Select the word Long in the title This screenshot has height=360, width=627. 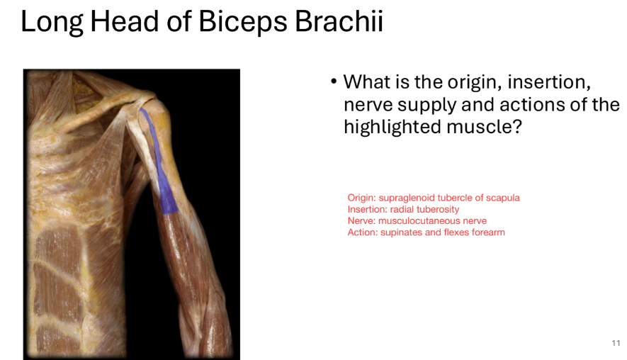50,22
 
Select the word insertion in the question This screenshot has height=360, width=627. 552,82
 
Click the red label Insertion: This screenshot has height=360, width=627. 367,209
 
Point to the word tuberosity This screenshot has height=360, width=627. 436,209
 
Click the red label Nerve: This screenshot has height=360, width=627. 361,220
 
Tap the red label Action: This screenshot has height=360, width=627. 362,232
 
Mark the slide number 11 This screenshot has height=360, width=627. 616,343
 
